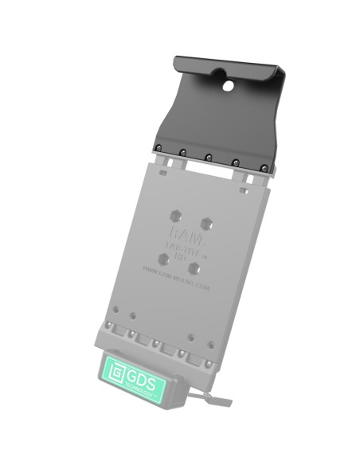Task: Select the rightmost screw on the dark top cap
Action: [264, 167]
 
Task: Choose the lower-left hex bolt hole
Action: [163, 258]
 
